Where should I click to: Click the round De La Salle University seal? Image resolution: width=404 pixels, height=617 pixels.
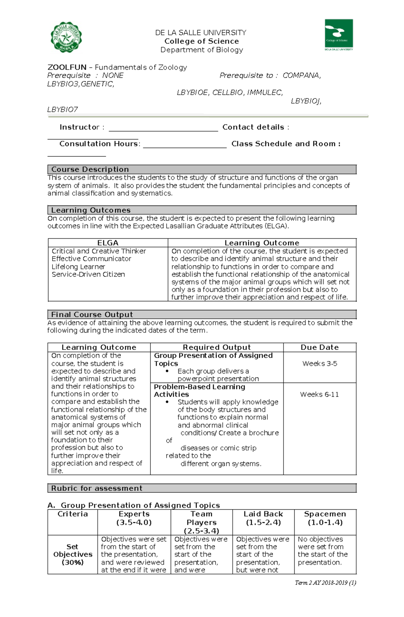(x=66, y=37)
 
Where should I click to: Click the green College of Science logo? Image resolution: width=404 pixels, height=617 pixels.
(x=338, y=34)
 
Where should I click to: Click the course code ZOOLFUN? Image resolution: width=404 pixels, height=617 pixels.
(x=67, y=67)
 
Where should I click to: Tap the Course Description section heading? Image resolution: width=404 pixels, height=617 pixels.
(x=90, y=169)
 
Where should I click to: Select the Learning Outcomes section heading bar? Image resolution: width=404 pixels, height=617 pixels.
(x=202, y=210)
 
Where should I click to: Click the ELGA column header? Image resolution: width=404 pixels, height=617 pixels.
(x=108, y=243)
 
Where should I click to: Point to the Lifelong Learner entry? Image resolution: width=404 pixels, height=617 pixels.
(x=78, y=267)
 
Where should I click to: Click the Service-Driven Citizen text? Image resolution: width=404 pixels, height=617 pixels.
(x=88, y=274)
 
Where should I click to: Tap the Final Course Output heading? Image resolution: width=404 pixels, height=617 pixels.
(x=92, y=314)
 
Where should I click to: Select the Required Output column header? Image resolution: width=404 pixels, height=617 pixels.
(x=216, y=347)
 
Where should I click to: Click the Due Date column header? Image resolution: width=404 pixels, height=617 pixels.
(x=319, y=347)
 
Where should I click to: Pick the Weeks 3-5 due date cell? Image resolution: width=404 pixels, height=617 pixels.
(x=319, y=363)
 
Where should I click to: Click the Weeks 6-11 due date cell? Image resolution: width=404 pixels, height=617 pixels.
(x=319, y=394)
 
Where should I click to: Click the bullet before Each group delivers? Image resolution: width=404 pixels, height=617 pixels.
(x=167, y=371)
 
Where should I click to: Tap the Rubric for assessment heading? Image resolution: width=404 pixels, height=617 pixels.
(x=97, y=488)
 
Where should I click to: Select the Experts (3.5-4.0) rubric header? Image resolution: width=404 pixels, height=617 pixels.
(x=134, y=518)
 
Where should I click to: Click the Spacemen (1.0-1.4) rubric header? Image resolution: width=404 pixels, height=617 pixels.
(x=325, y=518)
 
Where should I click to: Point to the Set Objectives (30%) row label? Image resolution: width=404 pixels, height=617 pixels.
(x=72, y=554)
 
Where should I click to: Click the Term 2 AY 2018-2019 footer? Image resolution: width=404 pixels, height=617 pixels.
(x=325, y=583)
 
